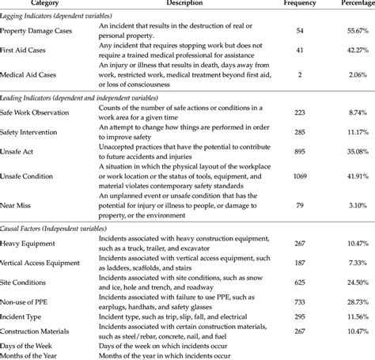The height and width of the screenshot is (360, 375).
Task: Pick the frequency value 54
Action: click(x=299, y=30)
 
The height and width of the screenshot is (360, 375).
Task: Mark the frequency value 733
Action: click(x=299, y=301)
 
